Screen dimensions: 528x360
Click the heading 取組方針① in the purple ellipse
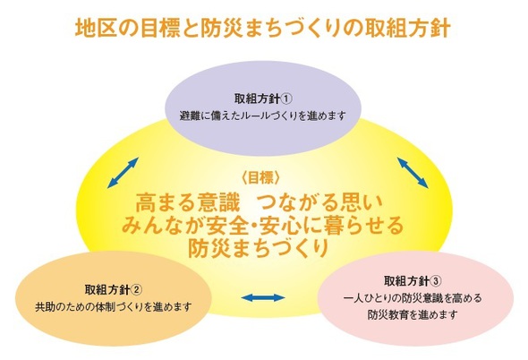point(263,99)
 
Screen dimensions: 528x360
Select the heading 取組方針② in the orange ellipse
point(114,289)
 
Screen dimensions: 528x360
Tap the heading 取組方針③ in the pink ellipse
point(413,281)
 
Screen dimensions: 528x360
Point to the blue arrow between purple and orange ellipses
point(123,172)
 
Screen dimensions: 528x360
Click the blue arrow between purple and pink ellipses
point(413,172)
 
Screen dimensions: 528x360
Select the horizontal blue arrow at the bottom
point(263,297)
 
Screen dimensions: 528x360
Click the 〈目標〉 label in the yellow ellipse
point(260,177)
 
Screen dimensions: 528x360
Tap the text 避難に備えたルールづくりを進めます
point(262,116)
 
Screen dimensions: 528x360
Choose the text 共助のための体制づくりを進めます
point(114,307)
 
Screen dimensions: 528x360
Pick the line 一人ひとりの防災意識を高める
point(413,298)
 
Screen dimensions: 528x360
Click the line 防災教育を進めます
point(413,315)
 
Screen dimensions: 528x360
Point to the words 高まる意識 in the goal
point(187,202)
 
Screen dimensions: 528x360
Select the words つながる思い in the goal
point(319,202)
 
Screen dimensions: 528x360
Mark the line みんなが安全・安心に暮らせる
point(262,226)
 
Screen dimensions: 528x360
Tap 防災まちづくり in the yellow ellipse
point(258,248)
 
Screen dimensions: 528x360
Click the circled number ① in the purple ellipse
point(286,99)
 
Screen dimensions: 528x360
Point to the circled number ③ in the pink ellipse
point(436,281)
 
